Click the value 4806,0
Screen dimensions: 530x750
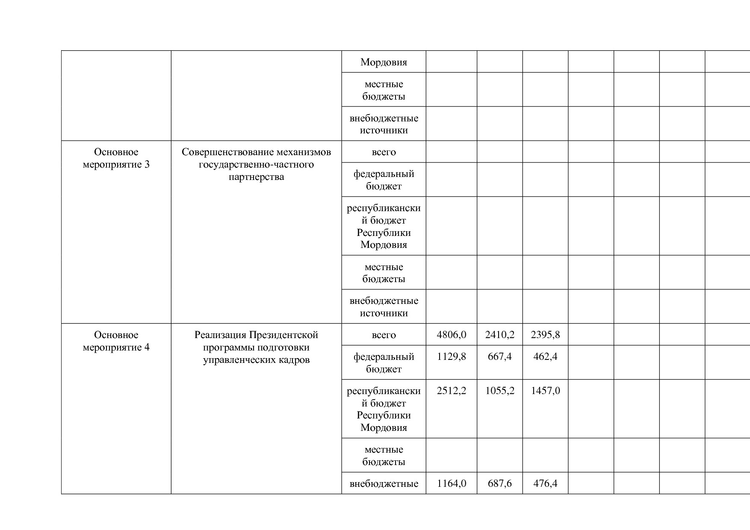451,335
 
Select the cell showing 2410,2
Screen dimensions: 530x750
499,335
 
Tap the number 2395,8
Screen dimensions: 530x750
545,335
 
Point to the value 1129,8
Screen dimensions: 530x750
451,356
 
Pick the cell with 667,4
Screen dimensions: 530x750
499,356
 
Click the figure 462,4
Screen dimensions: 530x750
545,356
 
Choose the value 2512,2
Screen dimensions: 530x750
451,391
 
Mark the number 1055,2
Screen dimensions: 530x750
499,391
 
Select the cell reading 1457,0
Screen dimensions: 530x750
545,391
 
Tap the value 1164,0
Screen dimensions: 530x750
451,483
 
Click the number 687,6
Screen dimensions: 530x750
499,483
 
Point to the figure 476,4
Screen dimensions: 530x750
545,483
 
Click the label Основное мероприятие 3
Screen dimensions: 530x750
116,158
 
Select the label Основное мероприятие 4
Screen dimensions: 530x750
116,341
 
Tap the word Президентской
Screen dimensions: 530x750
283,335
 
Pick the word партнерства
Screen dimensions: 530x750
256,177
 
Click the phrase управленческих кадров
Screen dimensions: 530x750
256,360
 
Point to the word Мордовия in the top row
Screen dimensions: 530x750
384,62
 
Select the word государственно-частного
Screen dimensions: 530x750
256,165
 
